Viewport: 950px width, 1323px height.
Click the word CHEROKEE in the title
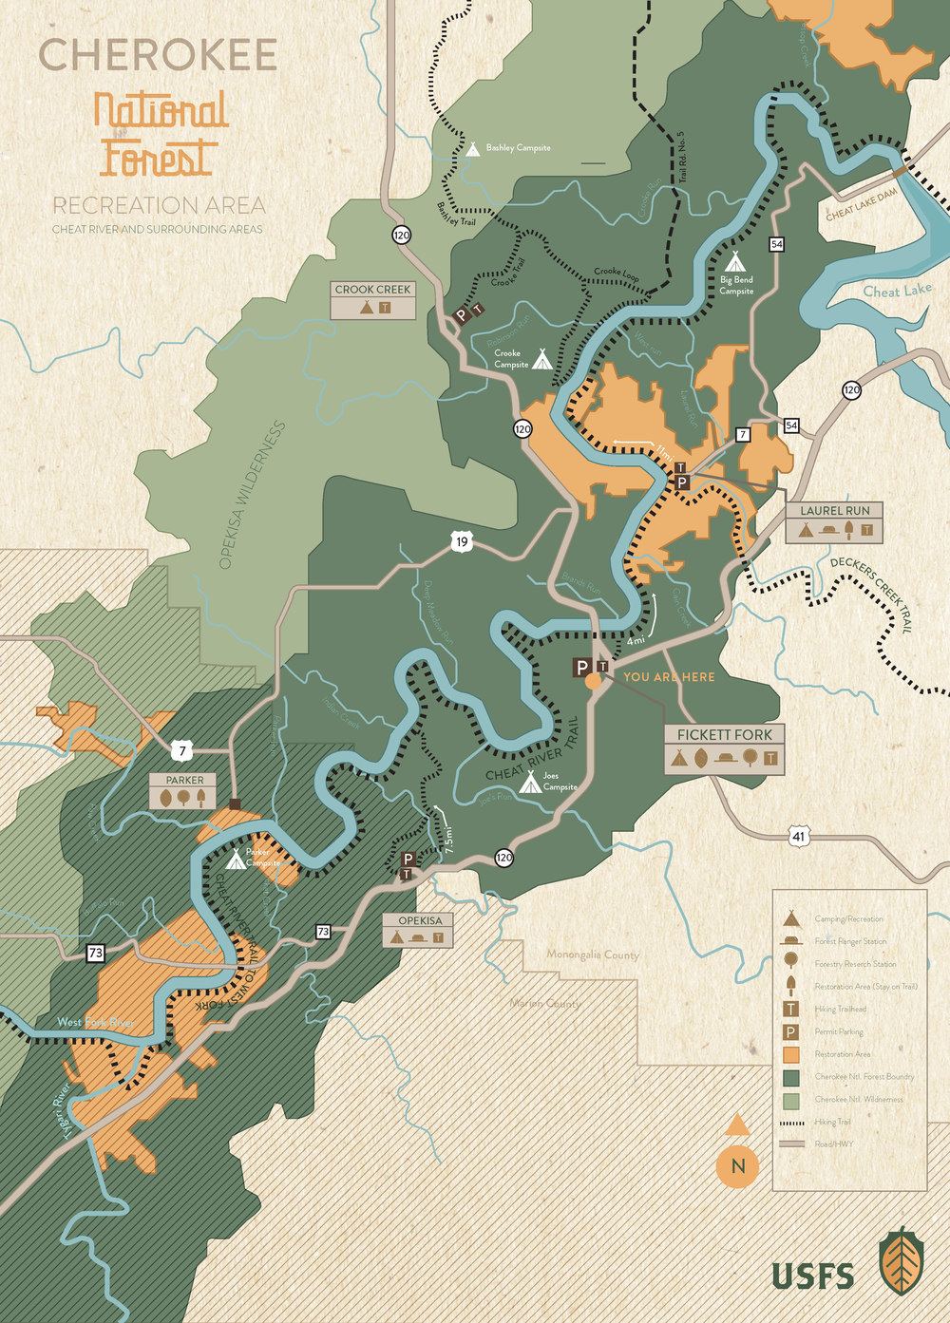(x=158, y=55)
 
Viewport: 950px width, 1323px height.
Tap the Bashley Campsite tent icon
(x=472, y=148)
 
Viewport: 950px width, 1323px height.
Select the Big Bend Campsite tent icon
(x=733, y=260)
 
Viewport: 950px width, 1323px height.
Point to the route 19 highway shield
(x=462, y=542)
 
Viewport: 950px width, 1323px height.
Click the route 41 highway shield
(x=799, y=836)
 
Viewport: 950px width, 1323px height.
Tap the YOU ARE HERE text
(x=669, y=677)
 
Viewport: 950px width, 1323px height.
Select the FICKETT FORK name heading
(x=724, y=734)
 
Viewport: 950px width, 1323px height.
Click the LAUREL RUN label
(x=834, y=510)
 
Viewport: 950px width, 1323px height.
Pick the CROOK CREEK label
(x=372, y=289)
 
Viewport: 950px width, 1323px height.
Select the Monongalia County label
(x=592, y=954)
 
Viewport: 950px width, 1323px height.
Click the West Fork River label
(x=96, y=1023)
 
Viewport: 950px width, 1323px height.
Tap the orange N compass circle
(x=738, y=1166)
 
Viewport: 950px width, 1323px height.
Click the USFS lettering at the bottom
(x=812, y=1276)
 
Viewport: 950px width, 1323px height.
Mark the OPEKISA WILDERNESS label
(x=252, y=496)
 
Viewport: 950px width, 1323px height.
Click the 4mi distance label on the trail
(x=636, y=641)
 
